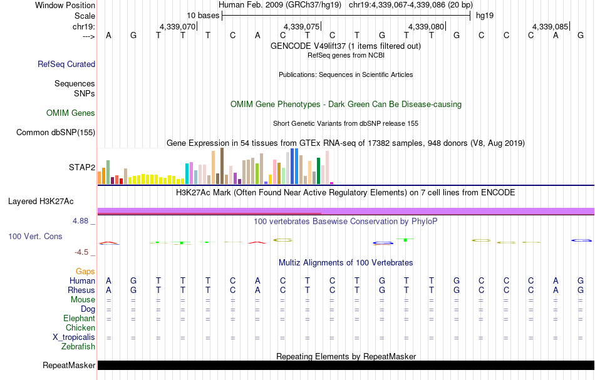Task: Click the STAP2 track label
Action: click(x=82, y=168)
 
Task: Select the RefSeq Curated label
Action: click(x=66, y=64)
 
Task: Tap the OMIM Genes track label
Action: click(x=71, y=113)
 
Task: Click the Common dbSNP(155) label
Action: click(x=56, y=132)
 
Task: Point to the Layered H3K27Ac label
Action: click(x=41, y=202)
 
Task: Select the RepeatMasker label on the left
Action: click(x=69, y=366)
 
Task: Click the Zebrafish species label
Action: click(x=78, y=346)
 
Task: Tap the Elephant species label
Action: click(x=79, y=318)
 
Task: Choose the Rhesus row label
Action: click(x=81, y=290)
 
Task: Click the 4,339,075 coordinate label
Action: click(x=301, y=27)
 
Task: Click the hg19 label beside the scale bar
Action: click(x=485, y=15)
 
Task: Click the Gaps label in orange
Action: click(x=85, y=271)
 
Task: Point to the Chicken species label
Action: click(x=81, y=327)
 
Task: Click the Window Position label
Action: click(x=65, y=5)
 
